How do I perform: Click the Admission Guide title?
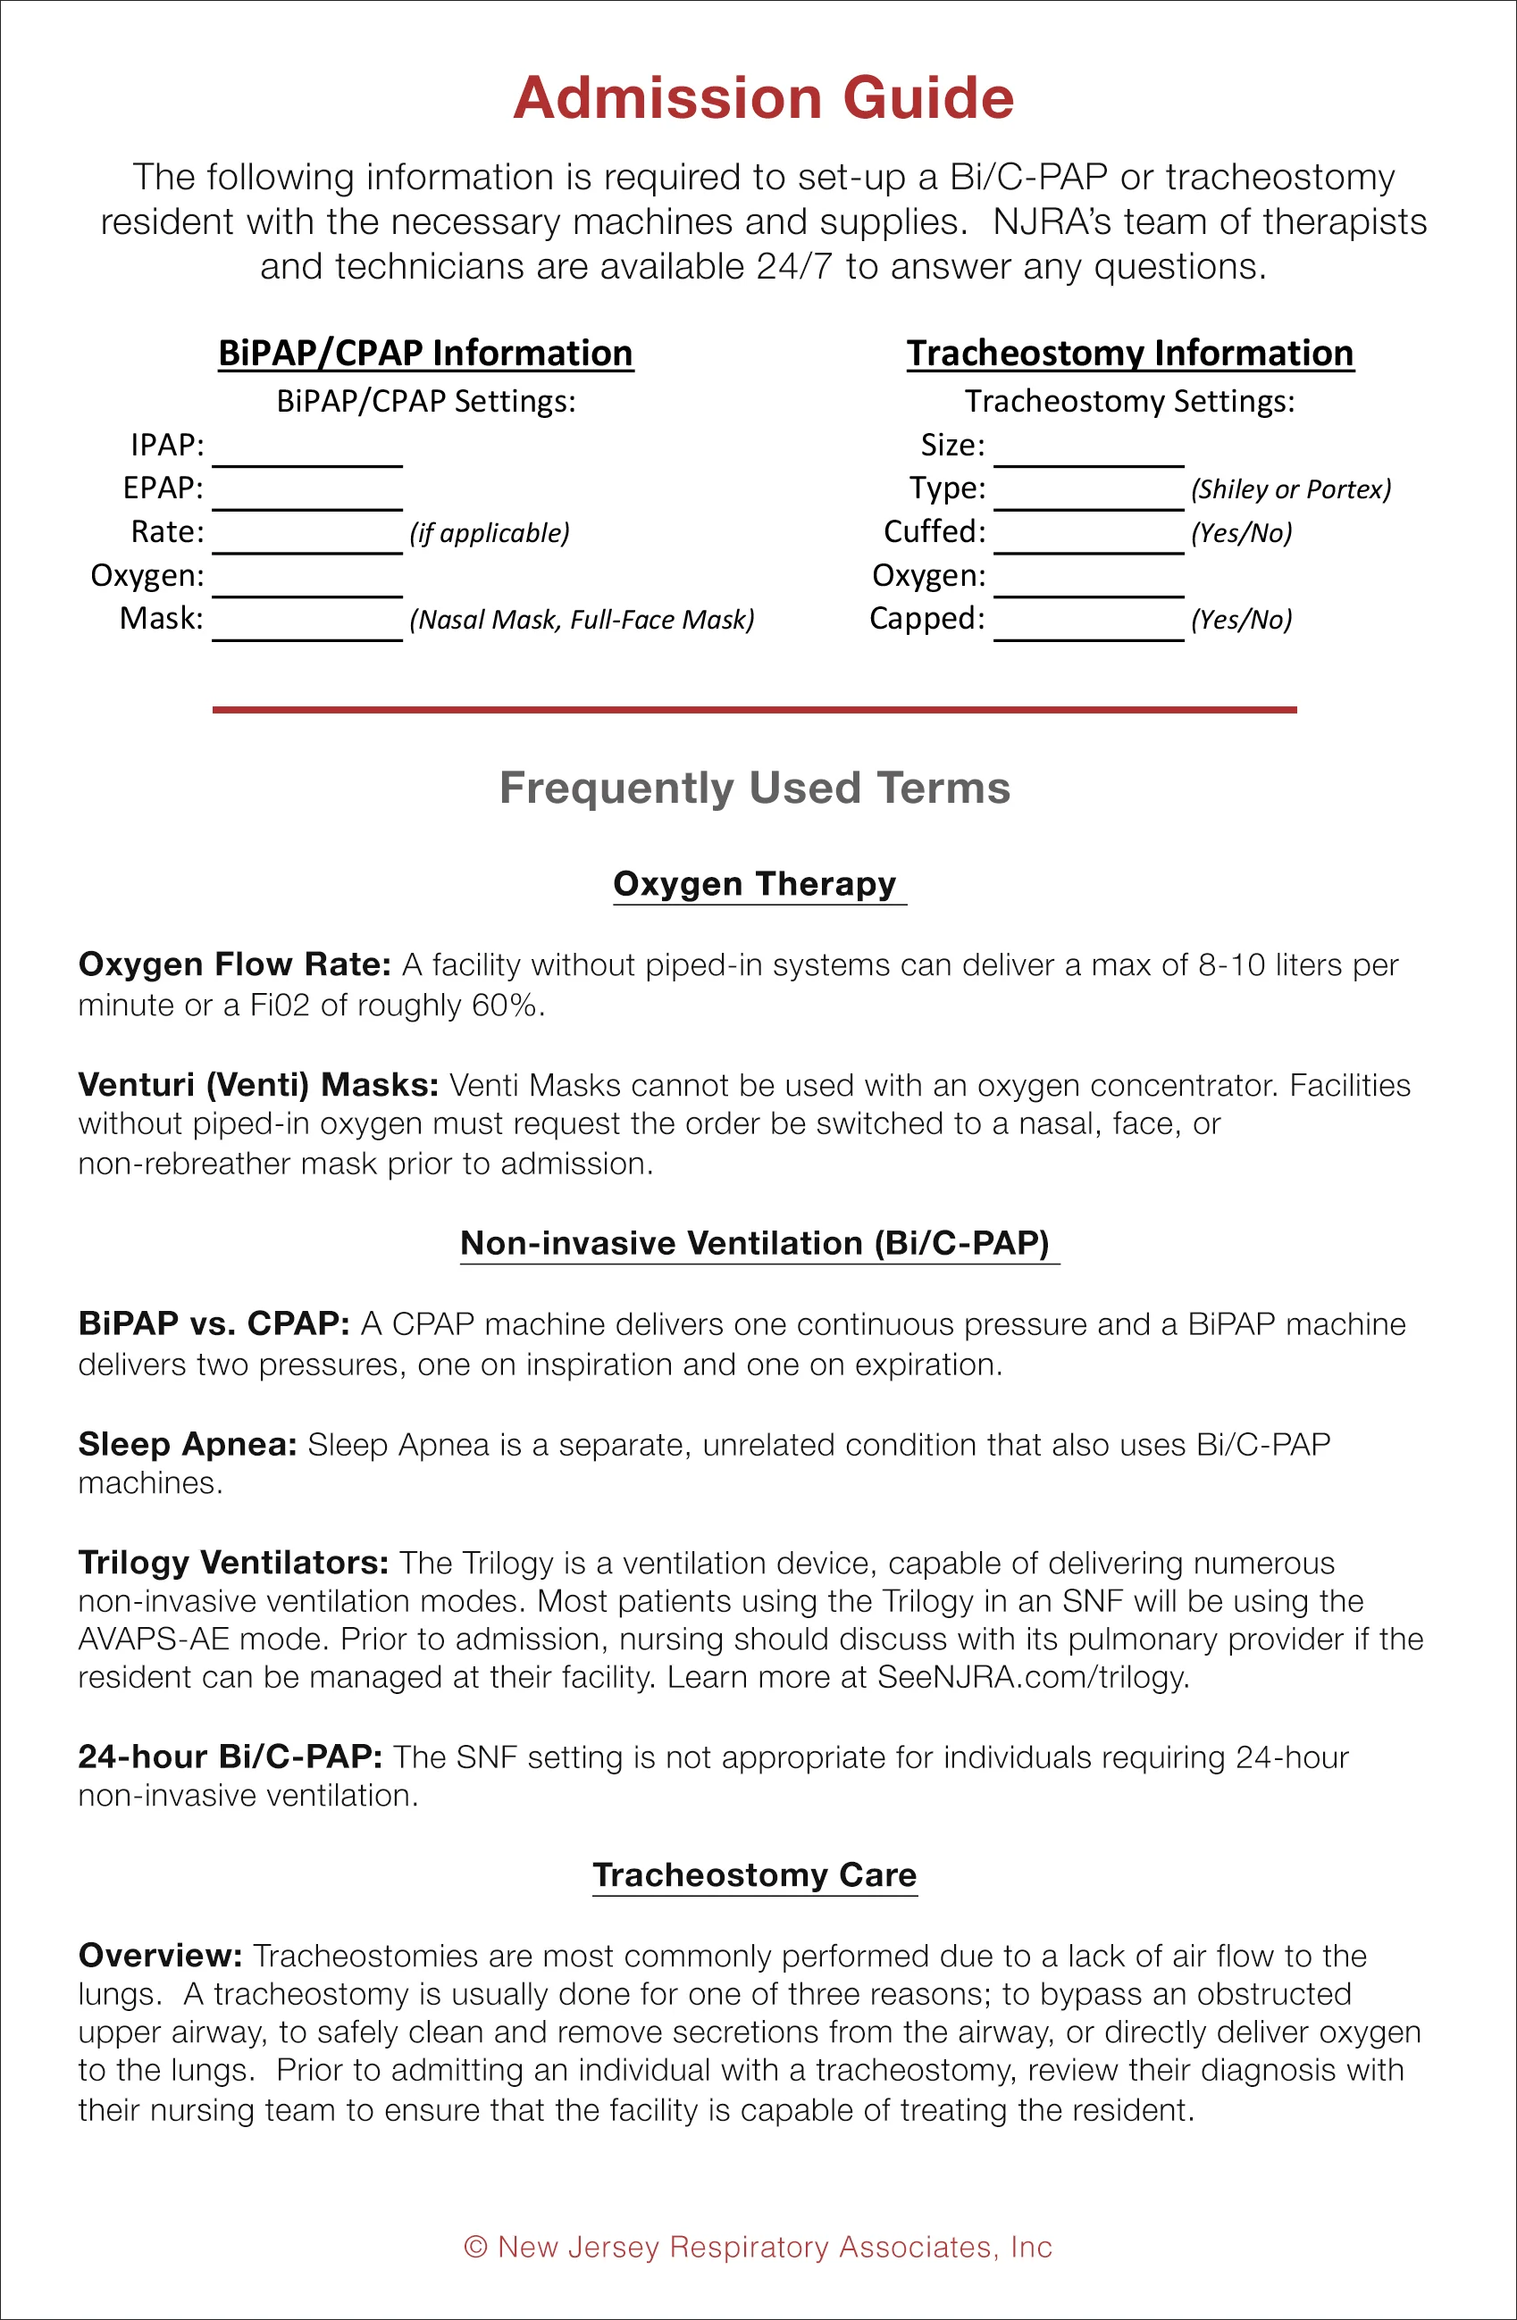(x=763, y=98)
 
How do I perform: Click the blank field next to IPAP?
(x=307, y=450)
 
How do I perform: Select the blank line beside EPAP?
(x=307, y=493)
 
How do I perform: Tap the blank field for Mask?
(x=307, y=624)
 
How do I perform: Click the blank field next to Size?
(x=1089, y=450)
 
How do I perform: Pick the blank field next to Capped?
(x=1089, y=624)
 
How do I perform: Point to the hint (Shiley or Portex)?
(x=1291, y=489)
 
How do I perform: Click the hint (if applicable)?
(x=490, y=533)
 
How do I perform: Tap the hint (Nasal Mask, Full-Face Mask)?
(x=582, y=620)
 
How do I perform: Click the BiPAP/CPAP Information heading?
(x=426, y=353)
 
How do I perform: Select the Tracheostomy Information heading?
(x=1130, y=353)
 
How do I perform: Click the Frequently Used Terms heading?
(x=755, y=788)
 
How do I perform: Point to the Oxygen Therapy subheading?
(x=755, y=883)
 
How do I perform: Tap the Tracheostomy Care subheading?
(x=755, y=1874)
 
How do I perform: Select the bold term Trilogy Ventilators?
(x=233, y=1563)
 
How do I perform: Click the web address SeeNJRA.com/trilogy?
(x=1033, y=1677)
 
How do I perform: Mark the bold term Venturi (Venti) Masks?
(x=258, y=1085)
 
